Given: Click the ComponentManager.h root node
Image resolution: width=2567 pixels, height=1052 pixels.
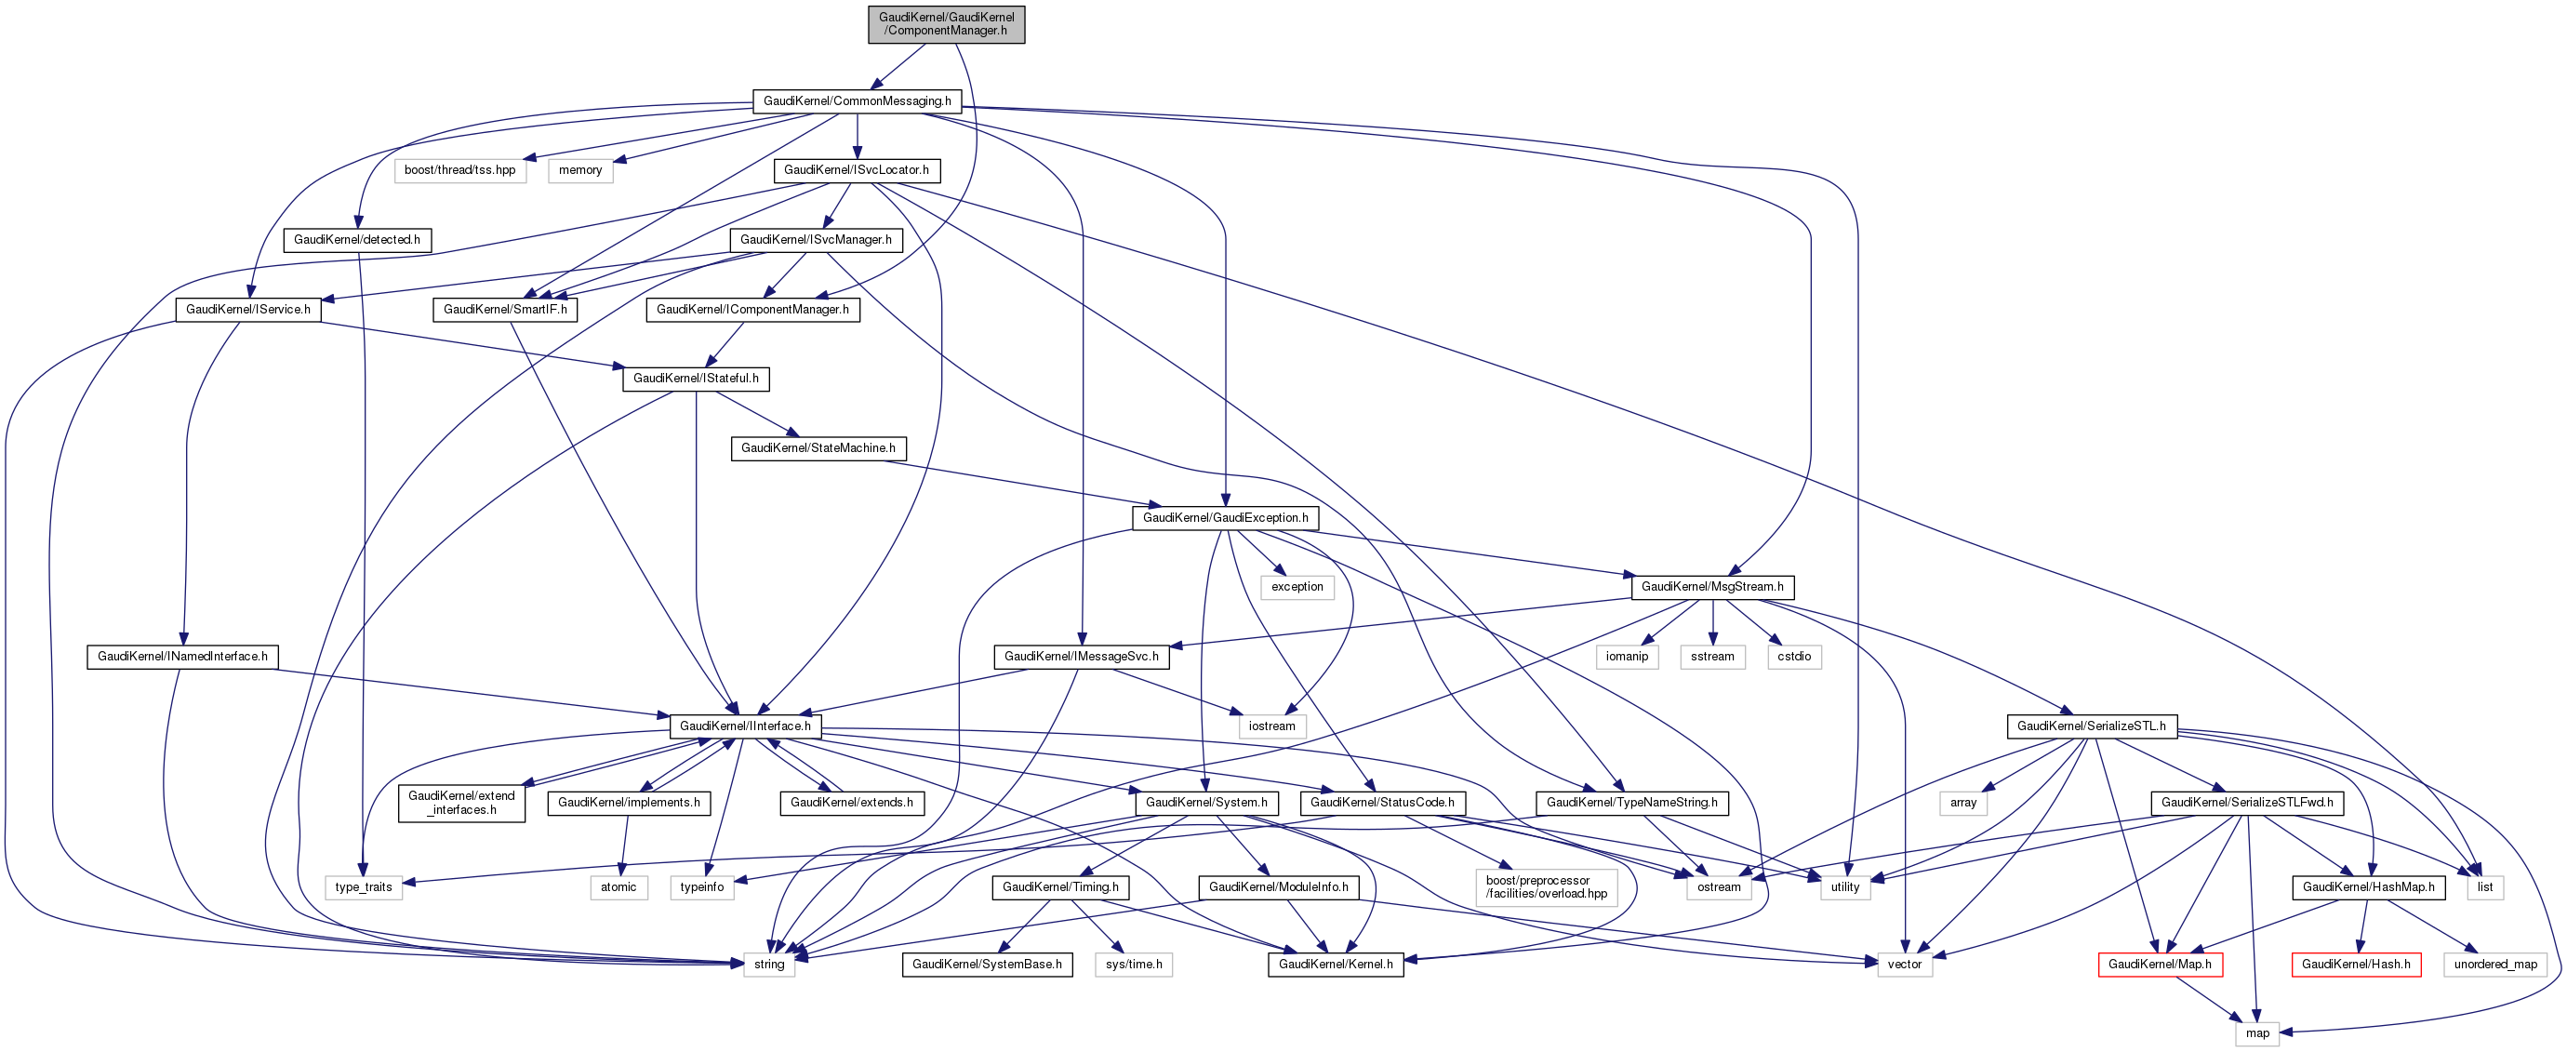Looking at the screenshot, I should pos(946,24).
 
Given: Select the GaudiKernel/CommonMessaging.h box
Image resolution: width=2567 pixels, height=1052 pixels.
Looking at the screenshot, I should pos(856,100).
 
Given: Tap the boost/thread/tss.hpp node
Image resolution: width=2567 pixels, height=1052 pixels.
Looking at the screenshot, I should pos(459,170).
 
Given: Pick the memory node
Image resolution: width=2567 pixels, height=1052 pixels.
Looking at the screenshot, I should pos(580,170).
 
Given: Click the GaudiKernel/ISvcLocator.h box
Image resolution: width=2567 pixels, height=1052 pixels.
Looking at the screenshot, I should pos(856,170).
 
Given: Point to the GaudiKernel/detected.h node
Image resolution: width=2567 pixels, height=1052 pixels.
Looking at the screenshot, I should pos(357,240).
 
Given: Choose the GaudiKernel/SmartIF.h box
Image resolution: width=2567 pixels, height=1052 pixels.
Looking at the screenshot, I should pos(505,310).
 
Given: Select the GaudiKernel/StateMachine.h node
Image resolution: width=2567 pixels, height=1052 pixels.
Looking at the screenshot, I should pos(818,448).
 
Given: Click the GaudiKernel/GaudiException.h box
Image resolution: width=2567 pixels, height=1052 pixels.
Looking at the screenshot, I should pos(1225,518).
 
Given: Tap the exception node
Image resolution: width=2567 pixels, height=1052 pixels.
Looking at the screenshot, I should pos(1297,587).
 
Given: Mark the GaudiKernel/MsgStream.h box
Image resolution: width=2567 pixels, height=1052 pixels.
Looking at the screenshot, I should pos(1712,587).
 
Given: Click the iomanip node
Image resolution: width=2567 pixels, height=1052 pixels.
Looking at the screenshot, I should pos(1627,657).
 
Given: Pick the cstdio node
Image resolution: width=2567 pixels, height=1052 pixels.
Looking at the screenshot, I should pos(1794,657).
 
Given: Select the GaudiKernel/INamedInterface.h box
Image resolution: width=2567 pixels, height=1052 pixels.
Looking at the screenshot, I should pos(182,657).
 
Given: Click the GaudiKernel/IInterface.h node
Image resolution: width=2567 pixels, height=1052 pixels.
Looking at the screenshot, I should pos(744,726).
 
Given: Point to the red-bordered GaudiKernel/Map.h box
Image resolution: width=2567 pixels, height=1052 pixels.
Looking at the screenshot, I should pos(2160,965).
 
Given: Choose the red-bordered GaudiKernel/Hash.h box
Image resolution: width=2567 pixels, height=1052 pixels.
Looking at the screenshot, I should pos(2356,965).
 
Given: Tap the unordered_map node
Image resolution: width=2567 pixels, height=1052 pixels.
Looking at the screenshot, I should pos(2495,965).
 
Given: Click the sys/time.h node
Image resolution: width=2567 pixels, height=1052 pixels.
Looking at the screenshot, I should pos(1133,965).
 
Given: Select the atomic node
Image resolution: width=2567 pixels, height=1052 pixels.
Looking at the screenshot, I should pos(618,886).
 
